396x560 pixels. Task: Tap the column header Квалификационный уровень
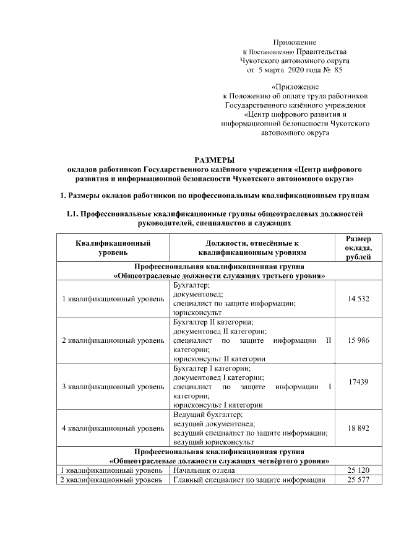pos(113,248)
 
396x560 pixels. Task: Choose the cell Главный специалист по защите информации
pos(249,480)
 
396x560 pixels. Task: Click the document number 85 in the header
pos(337,71)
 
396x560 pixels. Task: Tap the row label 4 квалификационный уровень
pos(113,428)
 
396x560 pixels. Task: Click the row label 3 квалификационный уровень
pos(113,387)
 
